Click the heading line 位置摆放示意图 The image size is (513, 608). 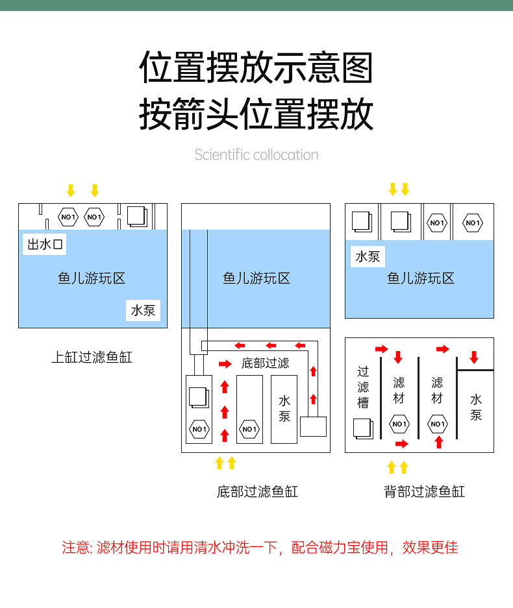click(256, 67)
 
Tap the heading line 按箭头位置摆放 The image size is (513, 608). click(256, 115)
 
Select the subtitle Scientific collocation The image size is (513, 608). click(256, 155)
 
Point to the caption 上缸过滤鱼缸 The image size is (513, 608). click(92, 358)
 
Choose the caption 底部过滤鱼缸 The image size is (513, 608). click(257, 491)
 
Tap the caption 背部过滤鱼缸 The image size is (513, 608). click(424, 491)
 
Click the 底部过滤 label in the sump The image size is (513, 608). click(265, 363)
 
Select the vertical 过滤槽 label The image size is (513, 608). click(363, 387)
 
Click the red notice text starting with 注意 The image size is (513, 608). click(260, 548)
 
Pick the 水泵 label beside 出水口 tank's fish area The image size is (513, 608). click(143, 310)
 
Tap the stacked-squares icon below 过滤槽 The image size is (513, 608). click(362, 428)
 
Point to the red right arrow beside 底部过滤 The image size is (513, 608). click(225, 364)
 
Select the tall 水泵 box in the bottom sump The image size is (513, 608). click(284, 408)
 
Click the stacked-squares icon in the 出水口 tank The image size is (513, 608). click(137, 215)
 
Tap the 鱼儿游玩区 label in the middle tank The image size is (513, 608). click(256, 278)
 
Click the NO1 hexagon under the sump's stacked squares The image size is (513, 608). click(199, 429)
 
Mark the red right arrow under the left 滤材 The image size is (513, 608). click(402, 444)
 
